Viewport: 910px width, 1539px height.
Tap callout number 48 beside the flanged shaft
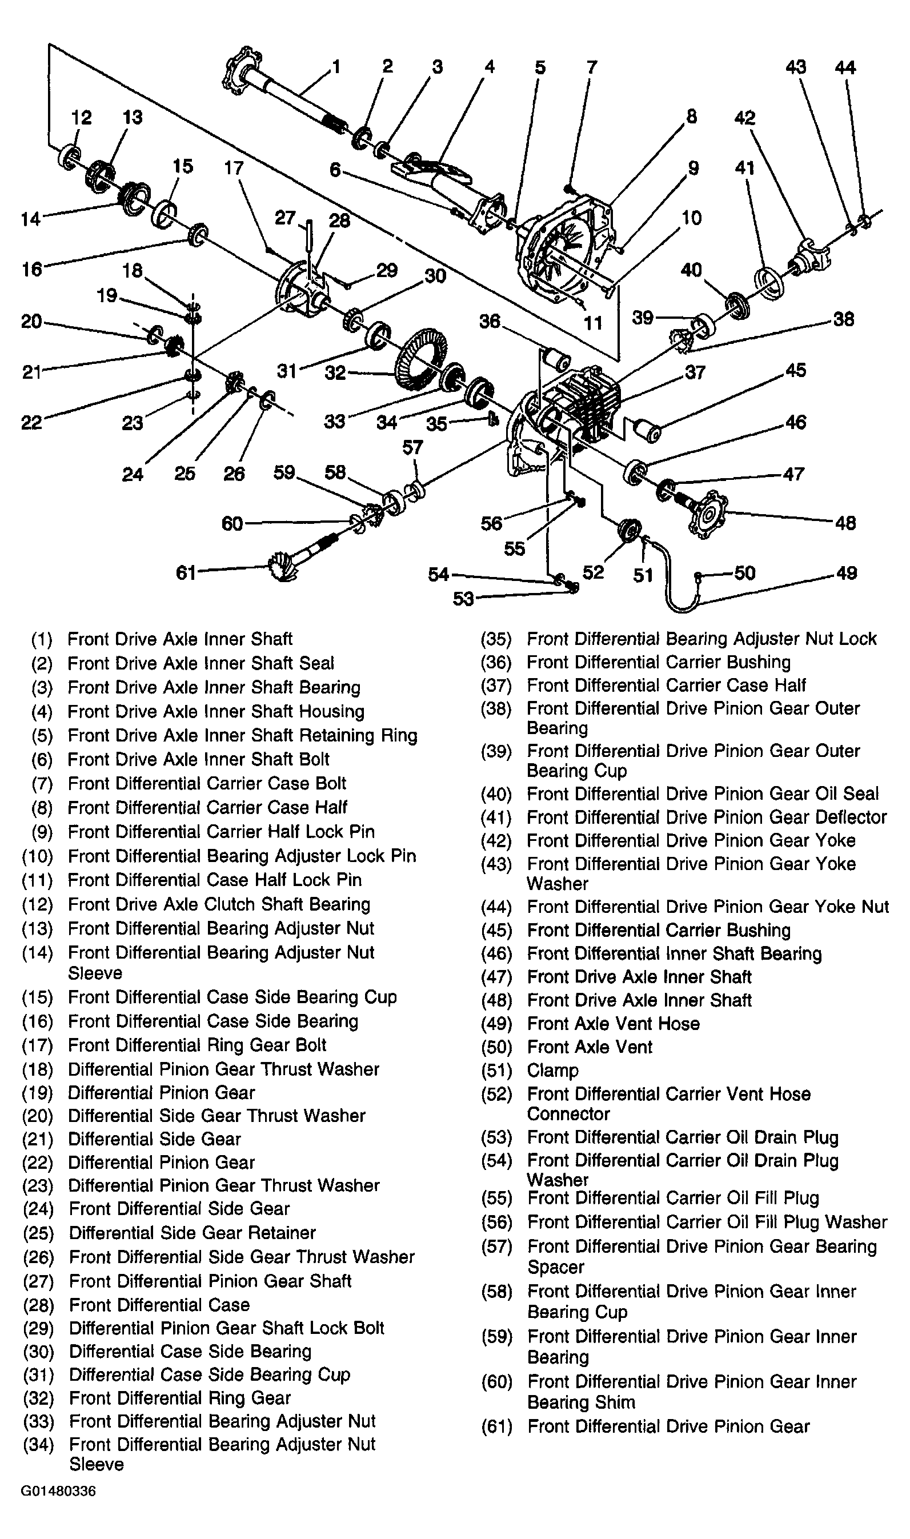pyautogui.click(x=845, y=523)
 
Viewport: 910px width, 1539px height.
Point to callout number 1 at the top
pyautogui.click(x=335, y=66)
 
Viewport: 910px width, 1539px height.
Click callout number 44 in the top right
pyautogui.click(x=845, y=67)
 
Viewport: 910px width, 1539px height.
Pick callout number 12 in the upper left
pyautogui.click(x=81, y=117)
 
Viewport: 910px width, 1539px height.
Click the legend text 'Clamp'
pyautogui.click(x=552, y=1071)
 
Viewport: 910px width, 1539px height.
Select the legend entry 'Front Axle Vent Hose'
pyautogui.click(x=613, y=1023)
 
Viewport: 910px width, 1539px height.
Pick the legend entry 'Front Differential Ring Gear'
pyautogui.click(x=180, y=1398)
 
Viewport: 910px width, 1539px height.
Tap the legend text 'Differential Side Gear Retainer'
pyautogui.click(x=192, y=1233)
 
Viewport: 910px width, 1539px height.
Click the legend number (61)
pyautogui.click(x=496, y=1427)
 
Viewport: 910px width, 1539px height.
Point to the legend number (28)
pyautogui.click(x=38, y=1305)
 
